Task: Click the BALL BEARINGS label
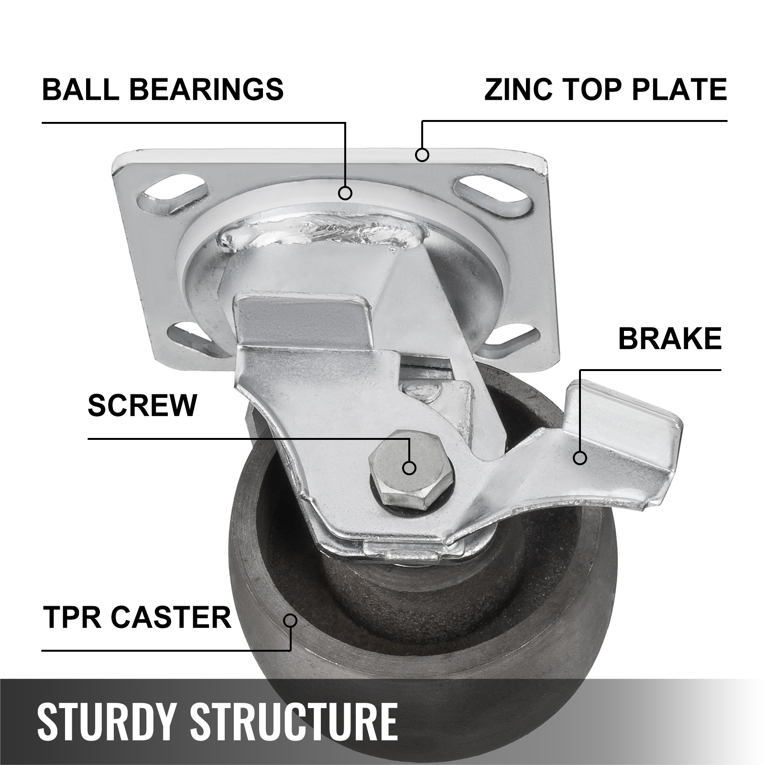tap(163, 89)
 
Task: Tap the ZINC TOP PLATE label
tap(606, 89)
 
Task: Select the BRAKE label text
tap(670, 339)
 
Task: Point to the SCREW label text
tap(142, 405)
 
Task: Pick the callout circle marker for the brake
tap(580, 458)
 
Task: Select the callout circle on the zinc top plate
tap(422, 154)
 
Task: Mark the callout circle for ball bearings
tap(345, 193)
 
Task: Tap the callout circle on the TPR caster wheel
tap(290, 621)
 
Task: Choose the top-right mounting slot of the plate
tap(492, 195)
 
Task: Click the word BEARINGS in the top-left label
tap(207, 89)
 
